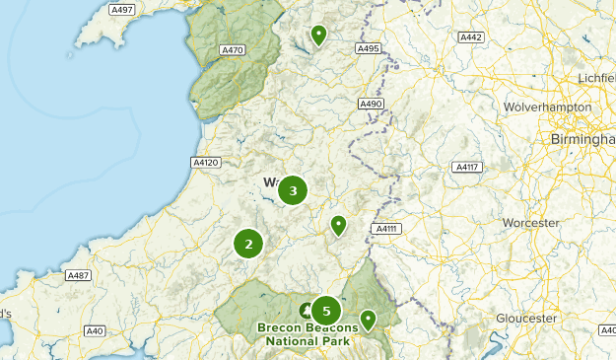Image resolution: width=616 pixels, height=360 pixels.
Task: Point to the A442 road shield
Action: pyautogui.click(x=471, y=37)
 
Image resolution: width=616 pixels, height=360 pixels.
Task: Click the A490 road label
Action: pyautogui.click(x=371, y=104)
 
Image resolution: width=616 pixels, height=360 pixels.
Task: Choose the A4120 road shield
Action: pyautogui.click(x=206, y=162)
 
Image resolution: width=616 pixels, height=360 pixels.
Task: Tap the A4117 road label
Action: pyautogui.click(x=466, y=168)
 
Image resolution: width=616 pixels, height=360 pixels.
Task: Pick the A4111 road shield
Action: pyautogui.click(x=385, y=229)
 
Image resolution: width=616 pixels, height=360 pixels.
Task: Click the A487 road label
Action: pyautogui.click(x=79, y=275)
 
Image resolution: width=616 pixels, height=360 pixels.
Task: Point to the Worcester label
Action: pyautogui.click(x=530, y=224)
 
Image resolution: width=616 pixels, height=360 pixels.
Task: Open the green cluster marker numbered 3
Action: pyautogui.click(x=293, y=190)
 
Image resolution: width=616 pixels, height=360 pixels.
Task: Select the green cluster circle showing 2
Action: pyautogui.click(x=248, y=244)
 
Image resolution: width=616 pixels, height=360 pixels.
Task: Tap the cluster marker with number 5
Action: pyautogui.click(x=326, y=312)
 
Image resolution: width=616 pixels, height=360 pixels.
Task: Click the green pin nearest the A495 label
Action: pyautogui.click(x=318, y=36)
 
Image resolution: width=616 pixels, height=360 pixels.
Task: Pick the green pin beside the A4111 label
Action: pyautogui.click(x=338, y=226)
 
